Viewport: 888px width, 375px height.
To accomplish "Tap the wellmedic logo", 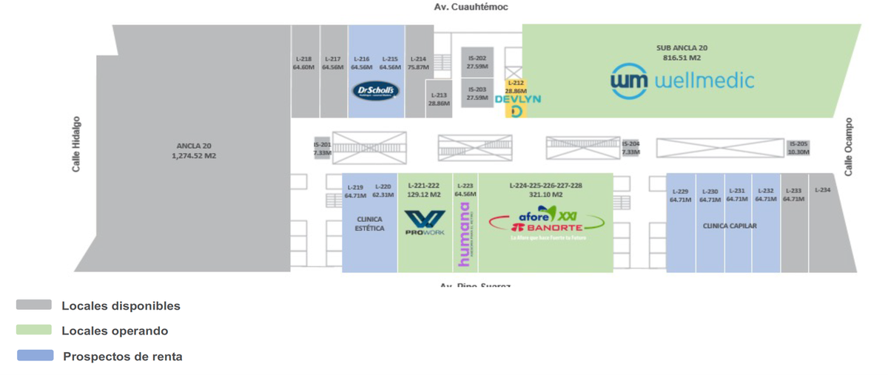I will [x=682, y=80].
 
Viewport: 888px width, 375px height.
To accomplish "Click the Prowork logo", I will [x=425, y=223].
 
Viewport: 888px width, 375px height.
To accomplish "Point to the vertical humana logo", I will [x=465, y=235].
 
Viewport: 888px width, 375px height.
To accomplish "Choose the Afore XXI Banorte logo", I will [x=546, y=222].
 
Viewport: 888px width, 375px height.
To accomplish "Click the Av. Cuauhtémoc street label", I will [x=471, y=7].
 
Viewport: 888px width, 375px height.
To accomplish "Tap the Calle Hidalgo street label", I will [x=76, y=143].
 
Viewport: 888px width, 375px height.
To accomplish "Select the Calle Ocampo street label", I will [x=849, y=146].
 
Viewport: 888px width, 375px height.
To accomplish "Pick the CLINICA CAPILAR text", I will [x=730, y=226].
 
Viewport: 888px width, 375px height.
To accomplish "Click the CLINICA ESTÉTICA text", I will [x=370, y=224].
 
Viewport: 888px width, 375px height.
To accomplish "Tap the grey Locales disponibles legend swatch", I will [x=34, y=305].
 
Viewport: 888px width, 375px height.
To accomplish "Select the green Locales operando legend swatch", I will [x=34, y=330].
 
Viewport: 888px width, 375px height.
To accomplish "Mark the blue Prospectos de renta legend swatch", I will [x=35, y=356].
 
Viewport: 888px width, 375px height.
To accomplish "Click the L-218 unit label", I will [x=303, y=59].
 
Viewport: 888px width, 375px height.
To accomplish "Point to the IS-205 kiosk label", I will [x=798, y=144].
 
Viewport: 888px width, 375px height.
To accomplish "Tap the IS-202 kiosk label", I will [x=477, y=58].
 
